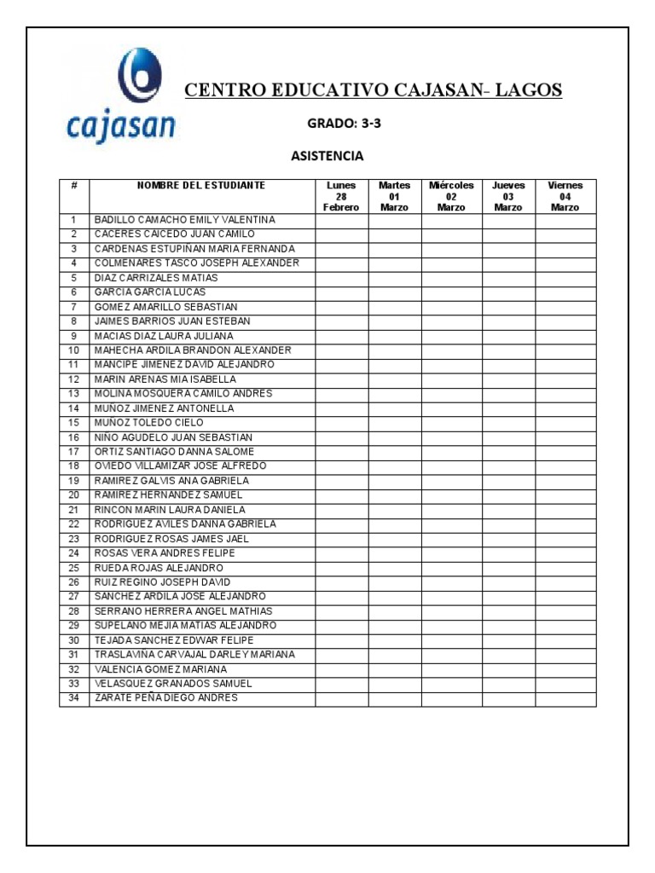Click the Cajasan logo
[x=121, y=95]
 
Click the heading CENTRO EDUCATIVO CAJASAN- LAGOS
[x=374, y=90]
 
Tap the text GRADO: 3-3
[x=344, y=124]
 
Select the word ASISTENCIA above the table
[x=327, y=156]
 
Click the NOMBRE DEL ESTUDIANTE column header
[x=201, y=185]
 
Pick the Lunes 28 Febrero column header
[x=341, y=196]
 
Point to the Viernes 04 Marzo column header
[x=565, y=196]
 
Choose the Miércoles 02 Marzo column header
[x=451, y=196]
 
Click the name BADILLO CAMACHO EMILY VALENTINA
[x=185, y=220]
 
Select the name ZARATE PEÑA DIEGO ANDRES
[x=166, y=698]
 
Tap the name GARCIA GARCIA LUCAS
[x=150, y=292]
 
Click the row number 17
[x=73, y=452]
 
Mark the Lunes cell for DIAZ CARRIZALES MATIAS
[x=341, y=278]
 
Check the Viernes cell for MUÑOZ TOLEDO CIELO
[x=565, y=423]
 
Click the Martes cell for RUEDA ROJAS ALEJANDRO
[x=394, y=568]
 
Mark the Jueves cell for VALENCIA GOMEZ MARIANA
[x=508, y=669]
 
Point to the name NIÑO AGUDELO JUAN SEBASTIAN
[x=173, y=437]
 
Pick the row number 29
[x=73, y=626]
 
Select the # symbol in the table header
[x=74, y=185]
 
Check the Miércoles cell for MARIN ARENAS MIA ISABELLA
[x=451, y=379]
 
